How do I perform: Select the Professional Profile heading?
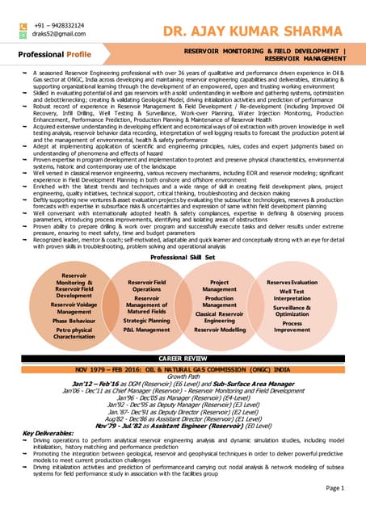[55, 54]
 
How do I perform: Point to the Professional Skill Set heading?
[183, 256]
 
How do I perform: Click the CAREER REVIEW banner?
[183, 356]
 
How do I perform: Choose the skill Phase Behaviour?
[74, 321]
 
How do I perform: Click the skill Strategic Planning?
[147, 321]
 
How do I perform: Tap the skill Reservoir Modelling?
[220, 330]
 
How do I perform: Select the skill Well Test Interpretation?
[292, 295]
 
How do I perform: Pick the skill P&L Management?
[147, 330]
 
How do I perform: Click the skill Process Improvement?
[292, 326]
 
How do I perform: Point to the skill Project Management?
[220, 285]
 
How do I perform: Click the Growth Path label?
[183, 376]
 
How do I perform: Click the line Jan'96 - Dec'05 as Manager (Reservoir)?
[183, 397]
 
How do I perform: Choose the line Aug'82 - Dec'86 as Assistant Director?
[183, 418]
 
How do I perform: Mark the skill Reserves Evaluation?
[292, 282]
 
